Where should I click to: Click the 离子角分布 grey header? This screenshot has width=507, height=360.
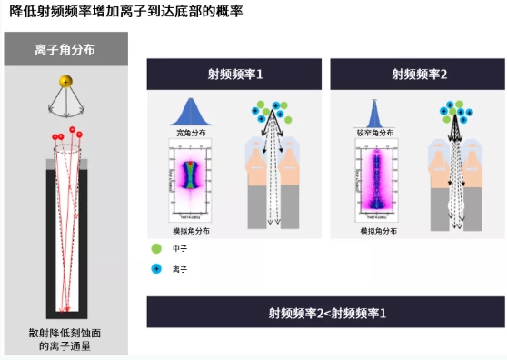tap(65, 50)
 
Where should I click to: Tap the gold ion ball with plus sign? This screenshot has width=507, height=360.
tap(65, 83)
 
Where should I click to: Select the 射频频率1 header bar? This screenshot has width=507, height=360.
tap(234, 74)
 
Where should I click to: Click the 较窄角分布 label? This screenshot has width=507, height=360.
tap(373, 133)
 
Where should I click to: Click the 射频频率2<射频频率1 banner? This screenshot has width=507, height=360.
tap(326, 313)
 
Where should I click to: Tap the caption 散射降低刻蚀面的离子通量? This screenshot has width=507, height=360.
tap(65, 339)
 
